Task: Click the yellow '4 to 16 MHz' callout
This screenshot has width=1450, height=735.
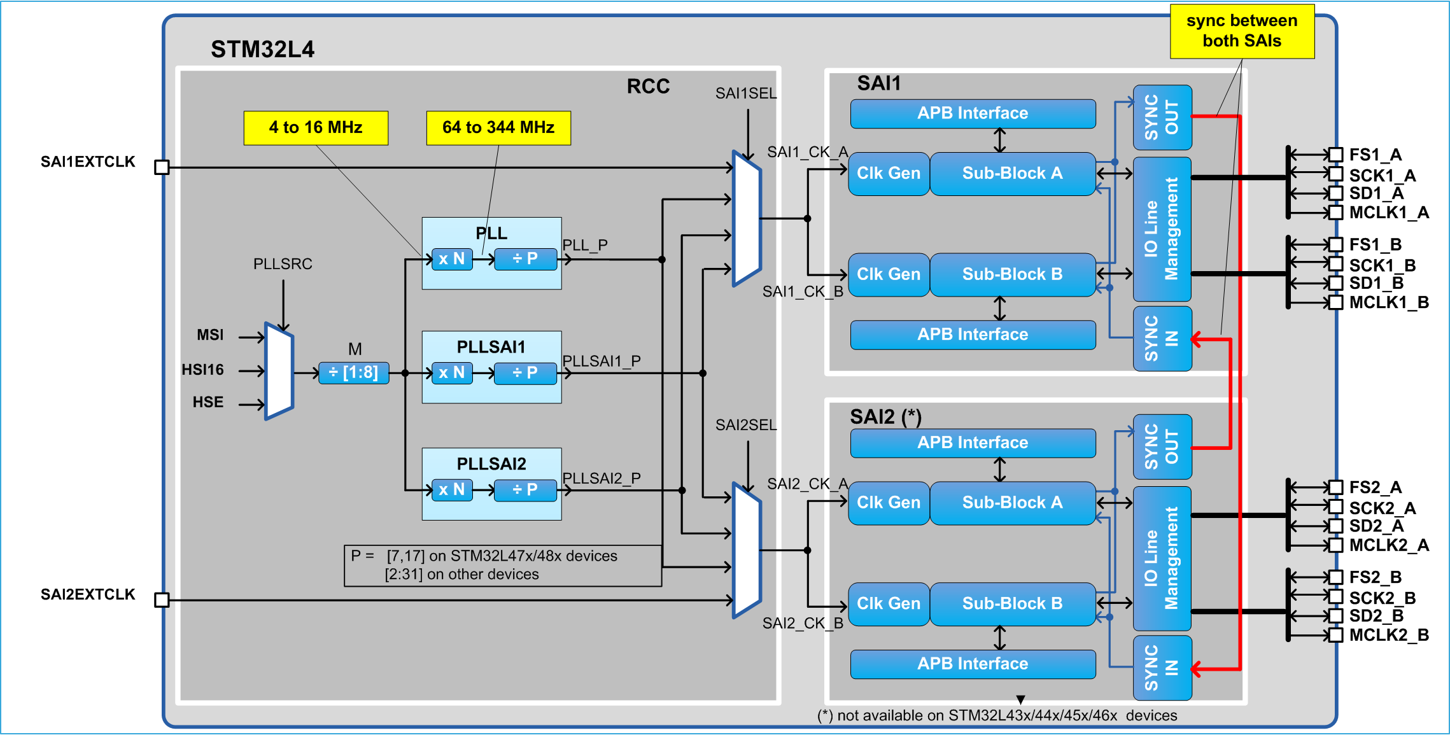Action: pos(316,128)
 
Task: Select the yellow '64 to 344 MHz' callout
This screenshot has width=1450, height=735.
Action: pos(498,128)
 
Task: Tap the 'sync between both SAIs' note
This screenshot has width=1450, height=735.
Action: pos(1242,31)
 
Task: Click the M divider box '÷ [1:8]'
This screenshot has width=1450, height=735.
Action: pos(353,372)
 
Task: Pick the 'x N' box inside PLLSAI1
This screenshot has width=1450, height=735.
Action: pos(452,372)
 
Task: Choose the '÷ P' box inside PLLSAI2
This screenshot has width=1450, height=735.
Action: pos(525,489)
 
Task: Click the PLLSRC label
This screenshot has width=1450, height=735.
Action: pos(283,264)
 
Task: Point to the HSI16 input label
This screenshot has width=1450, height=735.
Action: pos(202,370)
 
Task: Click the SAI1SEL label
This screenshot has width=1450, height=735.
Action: pos(746,94)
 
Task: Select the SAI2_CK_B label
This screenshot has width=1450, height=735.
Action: pos(803,623)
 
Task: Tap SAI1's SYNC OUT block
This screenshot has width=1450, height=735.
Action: pos(1162,118)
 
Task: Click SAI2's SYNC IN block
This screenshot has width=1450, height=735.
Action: pos(1162,668)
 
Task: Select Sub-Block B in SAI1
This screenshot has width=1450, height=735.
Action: pos(1012,274)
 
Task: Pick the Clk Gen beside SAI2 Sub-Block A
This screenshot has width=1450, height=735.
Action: pos(889,503)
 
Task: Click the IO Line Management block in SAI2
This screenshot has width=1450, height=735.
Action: pos(1162,558)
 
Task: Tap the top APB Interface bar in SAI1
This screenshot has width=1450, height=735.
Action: pos(973,113)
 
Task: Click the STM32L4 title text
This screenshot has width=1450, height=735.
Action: pos(262,49)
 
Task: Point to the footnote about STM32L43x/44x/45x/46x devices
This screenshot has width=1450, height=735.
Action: pos(997,715)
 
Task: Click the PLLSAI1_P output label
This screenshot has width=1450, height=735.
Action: pos(602,361)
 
